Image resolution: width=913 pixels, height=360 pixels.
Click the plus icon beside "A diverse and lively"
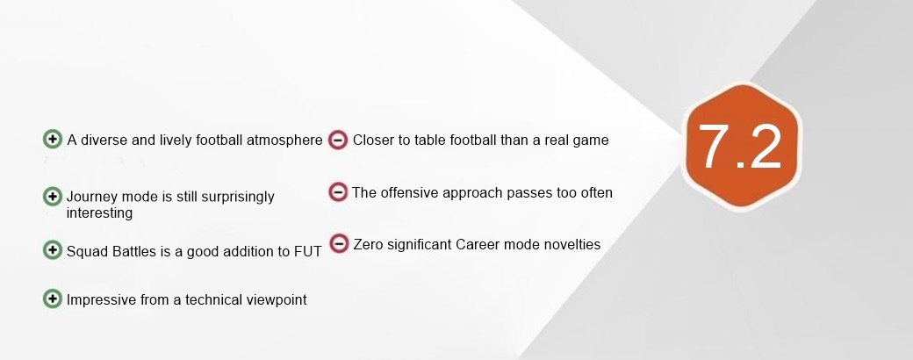(53, 139)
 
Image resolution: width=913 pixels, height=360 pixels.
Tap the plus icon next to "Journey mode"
(53, 196)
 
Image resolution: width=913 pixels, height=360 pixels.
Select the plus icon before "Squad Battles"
(53, 250)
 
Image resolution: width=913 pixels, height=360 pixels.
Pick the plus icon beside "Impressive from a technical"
(53, 299)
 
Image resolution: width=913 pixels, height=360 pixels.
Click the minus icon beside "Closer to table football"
(338, 140)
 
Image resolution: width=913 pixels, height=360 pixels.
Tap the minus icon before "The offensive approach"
(338, 191)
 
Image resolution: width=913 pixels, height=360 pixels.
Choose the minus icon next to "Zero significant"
(338, 243)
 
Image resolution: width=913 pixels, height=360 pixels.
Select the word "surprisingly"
(232, 197)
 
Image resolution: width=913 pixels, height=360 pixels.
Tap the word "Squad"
(87, 251)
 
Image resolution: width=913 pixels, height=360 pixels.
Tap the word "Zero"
(369, 244)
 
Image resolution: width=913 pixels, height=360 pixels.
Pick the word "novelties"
(571, 244)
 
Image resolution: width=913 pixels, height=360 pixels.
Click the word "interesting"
(99, 212)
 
